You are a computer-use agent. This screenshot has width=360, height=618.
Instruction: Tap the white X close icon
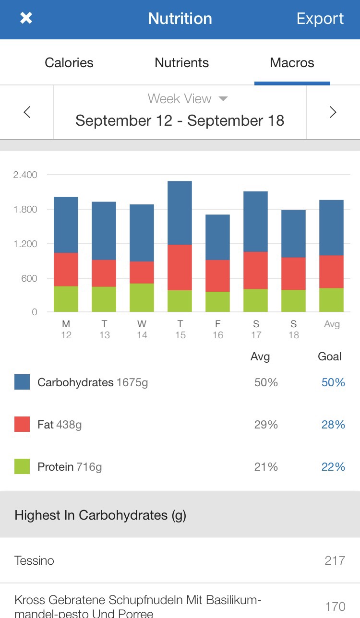tap(26, 18)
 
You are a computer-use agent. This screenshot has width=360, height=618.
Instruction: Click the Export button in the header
tap(320, 18)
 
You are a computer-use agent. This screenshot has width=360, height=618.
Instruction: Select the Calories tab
tap(69, 63)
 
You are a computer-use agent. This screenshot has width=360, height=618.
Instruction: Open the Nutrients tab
tap(181, 63)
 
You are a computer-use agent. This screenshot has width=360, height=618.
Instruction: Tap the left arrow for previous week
tap(27, 112)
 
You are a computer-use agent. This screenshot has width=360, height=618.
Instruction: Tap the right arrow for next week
tap(333, 112)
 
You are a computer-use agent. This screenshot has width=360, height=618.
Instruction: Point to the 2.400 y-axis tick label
tap(25, 175)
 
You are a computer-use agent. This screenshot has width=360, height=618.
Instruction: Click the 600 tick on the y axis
tap(28, 278)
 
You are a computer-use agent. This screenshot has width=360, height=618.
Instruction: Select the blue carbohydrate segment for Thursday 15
tap(180, 213)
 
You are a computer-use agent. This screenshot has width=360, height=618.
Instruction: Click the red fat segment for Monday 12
tap(66, 269)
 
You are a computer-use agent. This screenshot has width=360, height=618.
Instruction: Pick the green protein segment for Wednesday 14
tap(142, 297)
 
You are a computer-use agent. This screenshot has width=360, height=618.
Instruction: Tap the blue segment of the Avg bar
tap(331, 227)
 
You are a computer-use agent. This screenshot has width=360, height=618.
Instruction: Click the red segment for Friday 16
tap(217, 275)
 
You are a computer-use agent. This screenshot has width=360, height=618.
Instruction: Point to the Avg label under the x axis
tap(332, 324)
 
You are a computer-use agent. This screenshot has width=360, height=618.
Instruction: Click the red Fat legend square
tap(22, 424)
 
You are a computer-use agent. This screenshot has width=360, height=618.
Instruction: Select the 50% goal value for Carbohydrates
tap(333, 382)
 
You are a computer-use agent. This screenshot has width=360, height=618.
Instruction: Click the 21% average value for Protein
tap(266, 467)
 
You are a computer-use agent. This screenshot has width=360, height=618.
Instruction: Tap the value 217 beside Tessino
tap(335, 560)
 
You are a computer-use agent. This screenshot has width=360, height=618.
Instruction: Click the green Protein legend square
tap(22, 466)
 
